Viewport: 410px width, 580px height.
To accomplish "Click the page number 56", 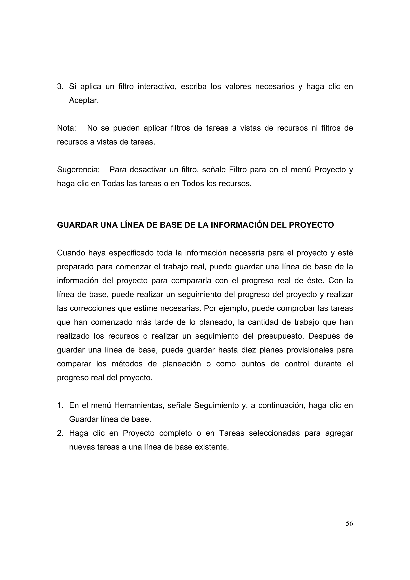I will [x=349, y=524].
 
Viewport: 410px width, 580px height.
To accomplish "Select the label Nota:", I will [x=66, y=128].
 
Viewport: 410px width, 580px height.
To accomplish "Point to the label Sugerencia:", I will [x=78, y=170].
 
